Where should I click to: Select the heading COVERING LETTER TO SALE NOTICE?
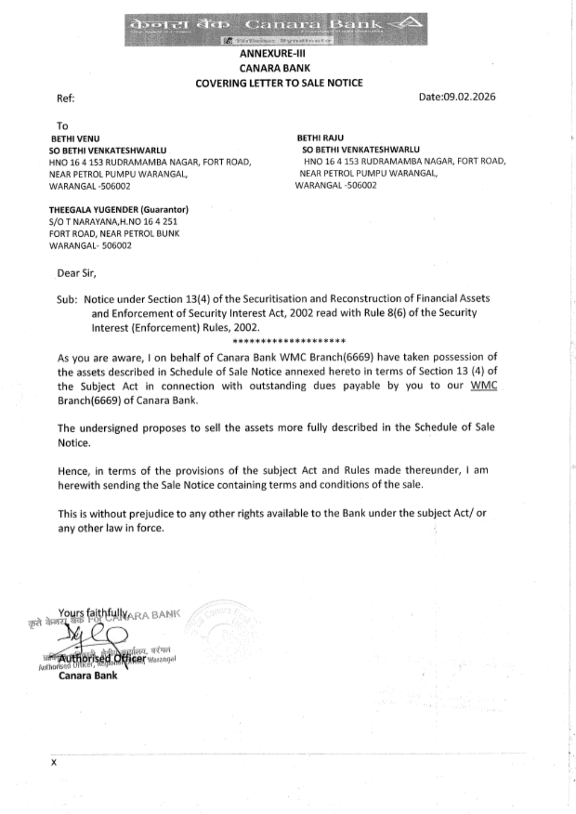(x=279, y=83)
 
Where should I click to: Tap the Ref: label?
(x=66, y=99)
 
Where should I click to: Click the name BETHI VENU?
(x=75, y=139)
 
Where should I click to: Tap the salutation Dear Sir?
(x=77, y=273)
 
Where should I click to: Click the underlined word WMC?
(x=484, y=385)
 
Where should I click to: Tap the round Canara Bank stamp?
(x=222, y=627)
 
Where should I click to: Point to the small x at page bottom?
(x=54, y=762)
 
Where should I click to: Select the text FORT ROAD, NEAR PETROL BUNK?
(x=114, y=234)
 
